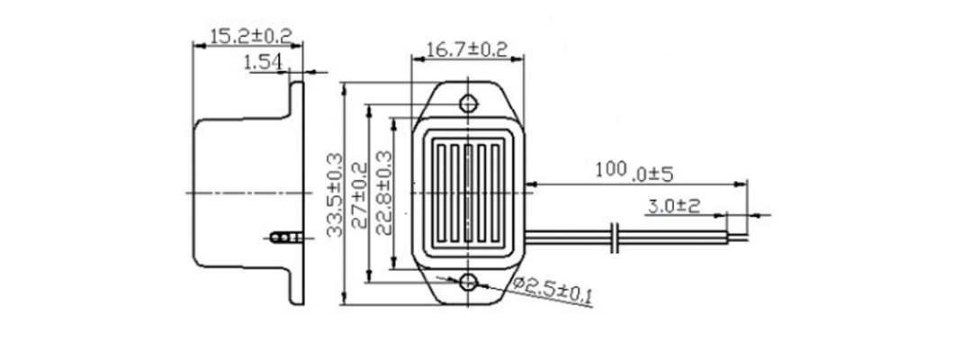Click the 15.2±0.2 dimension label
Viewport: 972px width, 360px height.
(250, 35)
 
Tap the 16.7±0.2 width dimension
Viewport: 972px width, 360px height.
(467, 49)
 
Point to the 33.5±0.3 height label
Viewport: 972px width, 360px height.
(336, 194)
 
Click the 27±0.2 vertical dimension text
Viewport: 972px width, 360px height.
(359, 195)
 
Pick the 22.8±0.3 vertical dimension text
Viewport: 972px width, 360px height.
(383, 193)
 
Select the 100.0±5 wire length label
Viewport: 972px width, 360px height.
(634, 172)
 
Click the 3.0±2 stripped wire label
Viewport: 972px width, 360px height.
(674, 206)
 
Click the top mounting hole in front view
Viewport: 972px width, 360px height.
(469, 103)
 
